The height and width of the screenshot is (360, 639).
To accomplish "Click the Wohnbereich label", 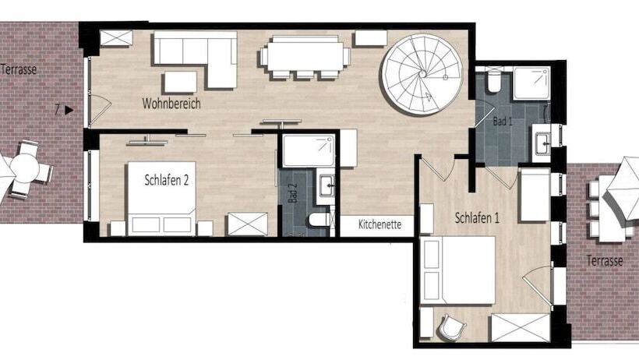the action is [x=171, y=104].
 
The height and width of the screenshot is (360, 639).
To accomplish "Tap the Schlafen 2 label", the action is [x=167, y=180].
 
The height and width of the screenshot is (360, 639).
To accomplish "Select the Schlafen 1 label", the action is [x=477, y=218].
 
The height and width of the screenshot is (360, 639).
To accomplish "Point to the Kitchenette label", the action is [x=380, y=224].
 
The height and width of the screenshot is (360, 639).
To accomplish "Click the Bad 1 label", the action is [x=503, y=121].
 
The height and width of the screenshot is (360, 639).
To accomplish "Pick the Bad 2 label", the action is [x=292, y=192].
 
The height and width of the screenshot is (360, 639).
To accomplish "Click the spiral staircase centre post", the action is [x=423, y=74].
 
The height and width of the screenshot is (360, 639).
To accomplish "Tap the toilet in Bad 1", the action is [x=494, y=82].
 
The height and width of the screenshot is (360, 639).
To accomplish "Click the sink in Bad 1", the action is [x=543, y=144].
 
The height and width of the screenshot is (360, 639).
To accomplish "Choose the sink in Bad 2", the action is [x=327, y=185].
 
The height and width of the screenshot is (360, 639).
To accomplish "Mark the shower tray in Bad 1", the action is [x=531, y=84].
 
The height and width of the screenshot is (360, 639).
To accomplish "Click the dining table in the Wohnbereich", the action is [x=305, y=57].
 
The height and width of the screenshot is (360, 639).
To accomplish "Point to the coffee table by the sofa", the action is [x=181, y=82].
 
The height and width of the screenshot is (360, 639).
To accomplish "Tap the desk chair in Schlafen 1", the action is [x=452, y=326].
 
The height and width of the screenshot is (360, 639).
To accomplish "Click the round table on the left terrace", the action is [x=24, y=168].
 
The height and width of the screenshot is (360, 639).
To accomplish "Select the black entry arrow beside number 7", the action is [x=69, y=110].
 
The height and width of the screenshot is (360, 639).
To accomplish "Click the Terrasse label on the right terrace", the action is [x=605, y=260].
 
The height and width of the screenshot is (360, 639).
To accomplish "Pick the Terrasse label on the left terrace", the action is [x=19, y=69].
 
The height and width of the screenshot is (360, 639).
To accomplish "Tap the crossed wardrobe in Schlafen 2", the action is [x=247, y=224].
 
